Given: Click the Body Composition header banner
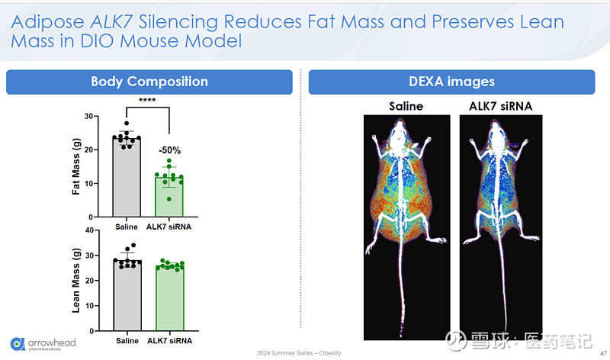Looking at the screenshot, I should click(149, 82).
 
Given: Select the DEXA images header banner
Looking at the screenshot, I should click(451, 82).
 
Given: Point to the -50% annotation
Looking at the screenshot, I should click(169, 150).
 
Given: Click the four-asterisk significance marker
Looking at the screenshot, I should click(148, 100).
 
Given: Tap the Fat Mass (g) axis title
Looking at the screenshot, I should click(76, 166).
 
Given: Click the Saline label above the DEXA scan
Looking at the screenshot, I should click(406, 106).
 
